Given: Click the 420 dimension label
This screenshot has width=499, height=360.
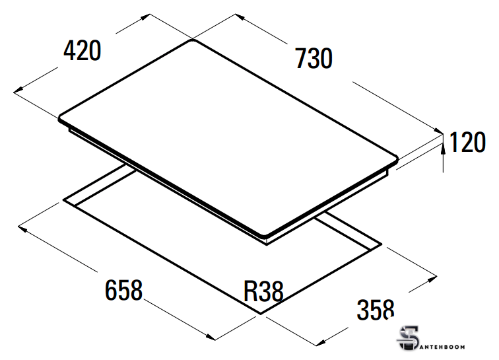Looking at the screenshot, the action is (x=82, y=50).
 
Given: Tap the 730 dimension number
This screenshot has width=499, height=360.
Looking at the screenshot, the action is (x=314, y=58).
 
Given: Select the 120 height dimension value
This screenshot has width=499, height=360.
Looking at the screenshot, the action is (x=467, y=142).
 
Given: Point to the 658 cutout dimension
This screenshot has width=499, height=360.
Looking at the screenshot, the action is (x=124, y=290).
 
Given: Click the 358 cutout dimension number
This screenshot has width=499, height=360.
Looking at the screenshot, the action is (x=376, y=309).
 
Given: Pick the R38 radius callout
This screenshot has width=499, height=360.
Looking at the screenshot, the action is (x=263, y=291).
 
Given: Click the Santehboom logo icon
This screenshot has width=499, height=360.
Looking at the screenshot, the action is (x=408, y=338).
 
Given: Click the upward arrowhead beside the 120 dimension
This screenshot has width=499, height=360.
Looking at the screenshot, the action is (x=443, y=148).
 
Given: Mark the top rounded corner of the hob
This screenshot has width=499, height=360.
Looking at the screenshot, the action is (x=193, y=40).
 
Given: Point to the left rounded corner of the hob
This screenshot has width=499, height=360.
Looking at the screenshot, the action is (x=60, y=118).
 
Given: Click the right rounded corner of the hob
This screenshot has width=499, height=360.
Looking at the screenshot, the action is (x=396, y=159).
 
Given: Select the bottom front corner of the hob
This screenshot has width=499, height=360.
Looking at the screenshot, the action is (x=264, y=236).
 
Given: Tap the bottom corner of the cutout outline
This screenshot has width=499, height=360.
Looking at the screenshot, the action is (x=261, y=314).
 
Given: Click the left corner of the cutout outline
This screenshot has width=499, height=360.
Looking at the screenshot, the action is (x=63, y=199).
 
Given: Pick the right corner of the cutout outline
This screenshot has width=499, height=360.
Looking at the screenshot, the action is (x=381, y=244).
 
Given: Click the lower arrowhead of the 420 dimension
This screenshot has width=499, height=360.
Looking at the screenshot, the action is (x=18, y=90).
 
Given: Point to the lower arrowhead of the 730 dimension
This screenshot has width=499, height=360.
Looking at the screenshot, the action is (x=438, y=130).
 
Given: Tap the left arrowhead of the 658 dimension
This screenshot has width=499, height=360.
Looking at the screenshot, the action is (x=22, y=228).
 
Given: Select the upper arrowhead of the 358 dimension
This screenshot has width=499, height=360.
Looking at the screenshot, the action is (x=432, y=279).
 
